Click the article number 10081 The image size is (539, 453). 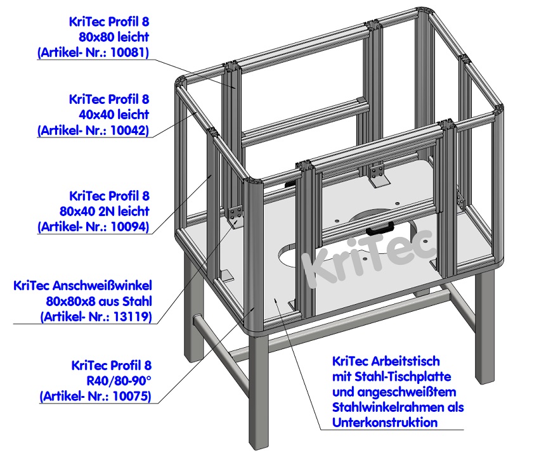[x=131, y=53]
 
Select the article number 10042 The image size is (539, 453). [x=131, y=131]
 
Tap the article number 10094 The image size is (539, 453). [x=131, y=226]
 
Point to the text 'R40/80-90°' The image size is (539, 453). [x=120, y=381]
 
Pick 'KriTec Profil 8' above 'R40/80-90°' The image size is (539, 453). [x=112, y=365]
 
